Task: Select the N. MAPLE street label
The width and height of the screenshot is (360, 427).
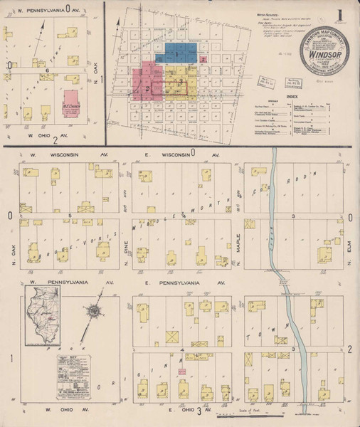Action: [x=239, y=257]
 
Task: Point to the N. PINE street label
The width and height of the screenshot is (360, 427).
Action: [x=125, y=257]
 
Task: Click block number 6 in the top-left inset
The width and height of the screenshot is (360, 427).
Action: [x=47, y=71]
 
